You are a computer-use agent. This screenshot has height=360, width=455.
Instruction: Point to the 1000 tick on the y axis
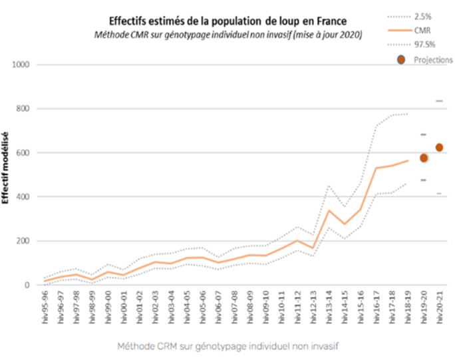[25, 65]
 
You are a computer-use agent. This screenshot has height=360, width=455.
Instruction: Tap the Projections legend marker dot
[399, 60]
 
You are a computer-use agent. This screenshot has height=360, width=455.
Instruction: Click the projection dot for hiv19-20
[423, 158]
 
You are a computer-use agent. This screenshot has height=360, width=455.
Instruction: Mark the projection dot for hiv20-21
[439, 147]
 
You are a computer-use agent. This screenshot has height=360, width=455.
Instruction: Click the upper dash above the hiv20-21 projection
[439, 101]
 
